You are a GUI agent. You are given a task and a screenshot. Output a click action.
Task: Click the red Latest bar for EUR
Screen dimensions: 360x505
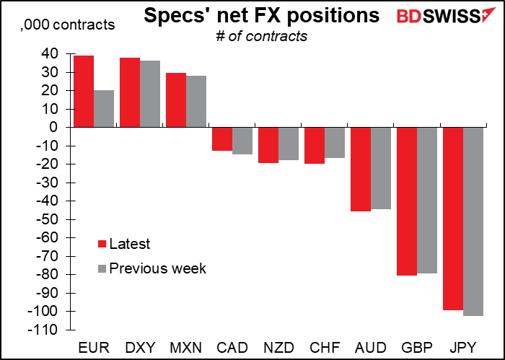coord(84,91)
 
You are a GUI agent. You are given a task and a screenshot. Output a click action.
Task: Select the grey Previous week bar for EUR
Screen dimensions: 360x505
coord(104,108)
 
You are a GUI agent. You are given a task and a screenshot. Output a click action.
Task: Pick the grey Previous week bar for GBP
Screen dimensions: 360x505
coord(427,200)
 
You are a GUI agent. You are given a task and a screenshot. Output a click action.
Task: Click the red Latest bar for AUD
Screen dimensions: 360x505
coord(361,169)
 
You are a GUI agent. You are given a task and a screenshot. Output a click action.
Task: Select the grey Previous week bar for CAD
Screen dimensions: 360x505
coord(242,141)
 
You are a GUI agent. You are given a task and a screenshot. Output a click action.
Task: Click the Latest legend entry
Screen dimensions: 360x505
coord(127,245)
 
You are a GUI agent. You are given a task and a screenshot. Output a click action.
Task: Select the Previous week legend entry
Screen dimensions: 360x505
coord(151,268)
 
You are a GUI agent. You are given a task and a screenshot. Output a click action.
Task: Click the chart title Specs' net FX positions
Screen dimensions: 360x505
coord(261,17)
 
